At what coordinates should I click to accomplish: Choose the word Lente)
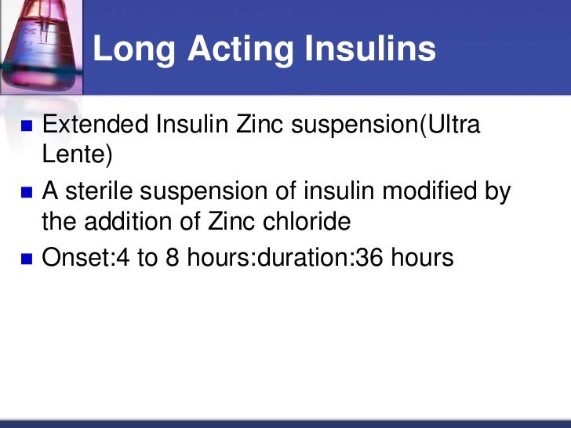pyautogui.click(x=77, y=155)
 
